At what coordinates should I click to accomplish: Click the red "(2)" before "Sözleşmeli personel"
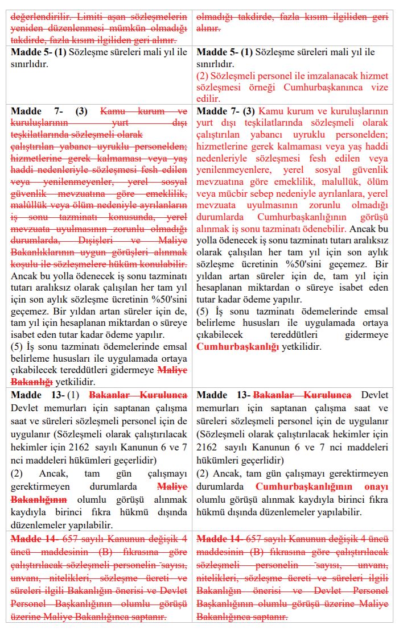tap(203, 76)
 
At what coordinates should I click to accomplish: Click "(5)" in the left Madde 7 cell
tap(18, 346)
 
